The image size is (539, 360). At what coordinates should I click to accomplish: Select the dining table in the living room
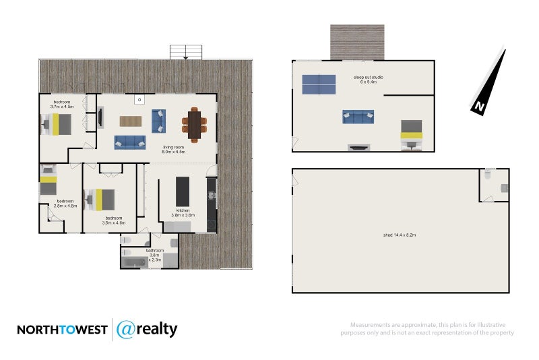[x=193, y=125]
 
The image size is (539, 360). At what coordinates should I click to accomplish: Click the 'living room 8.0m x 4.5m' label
[x=174, y=149]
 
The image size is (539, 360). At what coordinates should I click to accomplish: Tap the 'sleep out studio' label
[x=369, y=78]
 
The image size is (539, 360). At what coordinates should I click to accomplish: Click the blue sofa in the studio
[x=358, y=116]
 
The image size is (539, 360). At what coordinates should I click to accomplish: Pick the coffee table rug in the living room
[x=131, y=121]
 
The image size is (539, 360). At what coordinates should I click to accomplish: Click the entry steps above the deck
[x=186, y=52]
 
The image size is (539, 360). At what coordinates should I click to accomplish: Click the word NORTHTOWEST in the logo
[x=61, y=330]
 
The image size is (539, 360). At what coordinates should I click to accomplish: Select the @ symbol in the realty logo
[x=126, y=329]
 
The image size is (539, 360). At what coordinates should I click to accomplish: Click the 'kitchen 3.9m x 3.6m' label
[x=183, y=213]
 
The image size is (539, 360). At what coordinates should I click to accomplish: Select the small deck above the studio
[x=357, y=42]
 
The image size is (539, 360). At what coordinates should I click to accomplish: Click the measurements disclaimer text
[x=427, y=328]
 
